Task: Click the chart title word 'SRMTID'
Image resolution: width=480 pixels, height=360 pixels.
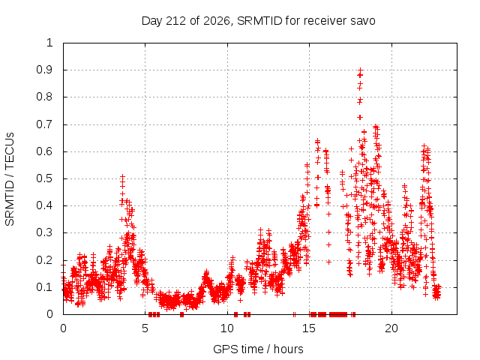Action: (x=259, y=21)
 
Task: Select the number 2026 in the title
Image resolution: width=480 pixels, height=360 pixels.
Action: (x=217, y=21)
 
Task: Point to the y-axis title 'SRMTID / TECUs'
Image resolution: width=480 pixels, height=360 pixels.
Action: (x=10, y=179)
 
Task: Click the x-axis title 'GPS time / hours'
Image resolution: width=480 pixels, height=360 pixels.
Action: (x=258, y=349)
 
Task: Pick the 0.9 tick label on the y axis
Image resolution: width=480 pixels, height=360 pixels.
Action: (x=44, y=70)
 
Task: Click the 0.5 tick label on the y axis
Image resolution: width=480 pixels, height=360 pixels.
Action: (x=44, y=178)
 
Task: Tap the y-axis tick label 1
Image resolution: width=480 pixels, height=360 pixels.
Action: (x=49, y=43)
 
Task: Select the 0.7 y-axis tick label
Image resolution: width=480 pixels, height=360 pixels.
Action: (x=44, y=124)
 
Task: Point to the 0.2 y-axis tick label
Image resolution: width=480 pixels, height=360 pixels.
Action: (x=44, y=260)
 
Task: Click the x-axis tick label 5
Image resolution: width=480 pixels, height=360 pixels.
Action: (x=145, y=328)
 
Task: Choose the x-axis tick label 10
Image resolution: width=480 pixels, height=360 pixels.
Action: (x=227, y=328)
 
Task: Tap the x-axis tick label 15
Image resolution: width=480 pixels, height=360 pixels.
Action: (x=309, y=328)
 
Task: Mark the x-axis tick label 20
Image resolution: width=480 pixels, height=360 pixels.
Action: (x=391, y=328)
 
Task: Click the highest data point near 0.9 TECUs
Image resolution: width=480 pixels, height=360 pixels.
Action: (x=361, y=70)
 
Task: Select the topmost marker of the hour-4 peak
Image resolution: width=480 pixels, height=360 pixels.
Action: (x=122, y=177)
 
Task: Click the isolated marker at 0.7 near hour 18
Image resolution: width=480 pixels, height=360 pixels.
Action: (x=361, y=117)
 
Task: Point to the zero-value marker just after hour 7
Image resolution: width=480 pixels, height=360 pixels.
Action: (x=181, y=314)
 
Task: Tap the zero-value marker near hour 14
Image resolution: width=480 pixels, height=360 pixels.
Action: (x=294, y=314)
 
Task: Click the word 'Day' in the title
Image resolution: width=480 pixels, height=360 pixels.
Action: (x=151, y=21)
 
